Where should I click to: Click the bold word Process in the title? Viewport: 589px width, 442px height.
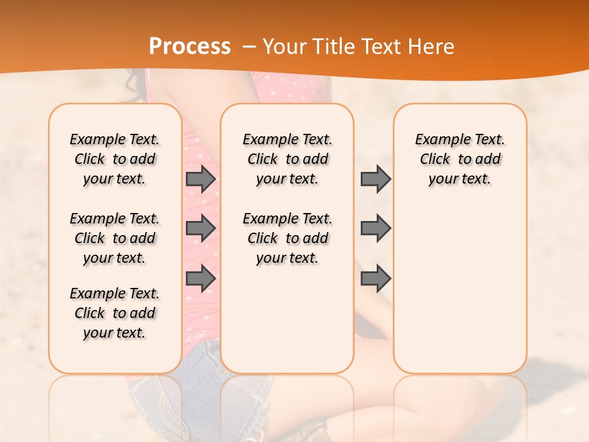[190, 47]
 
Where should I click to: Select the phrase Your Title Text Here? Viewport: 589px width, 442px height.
[358, 47]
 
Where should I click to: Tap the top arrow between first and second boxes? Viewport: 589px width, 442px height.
[201, 179]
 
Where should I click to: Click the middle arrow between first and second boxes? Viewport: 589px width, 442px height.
[201, 228]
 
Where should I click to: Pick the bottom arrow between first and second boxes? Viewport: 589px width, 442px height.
[201, 279]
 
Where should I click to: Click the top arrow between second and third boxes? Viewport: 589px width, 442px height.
[375, 179]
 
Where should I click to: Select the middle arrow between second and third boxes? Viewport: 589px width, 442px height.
[375, 228]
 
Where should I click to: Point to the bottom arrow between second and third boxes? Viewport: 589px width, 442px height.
[375, 279]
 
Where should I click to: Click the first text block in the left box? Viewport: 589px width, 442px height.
[114, 159]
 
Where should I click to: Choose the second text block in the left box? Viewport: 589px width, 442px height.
[114, 238]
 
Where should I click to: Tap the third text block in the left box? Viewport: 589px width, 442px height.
[114, 313]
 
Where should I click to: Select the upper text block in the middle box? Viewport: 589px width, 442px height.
[287, 159]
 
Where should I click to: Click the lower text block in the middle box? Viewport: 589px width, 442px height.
[287, 238]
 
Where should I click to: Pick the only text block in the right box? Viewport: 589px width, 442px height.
[460, 159]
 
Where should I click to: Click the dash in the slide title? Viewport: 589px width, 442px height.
[249, 47]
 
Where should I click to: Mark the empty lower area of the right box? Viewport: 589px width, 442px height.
[460, 289]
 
